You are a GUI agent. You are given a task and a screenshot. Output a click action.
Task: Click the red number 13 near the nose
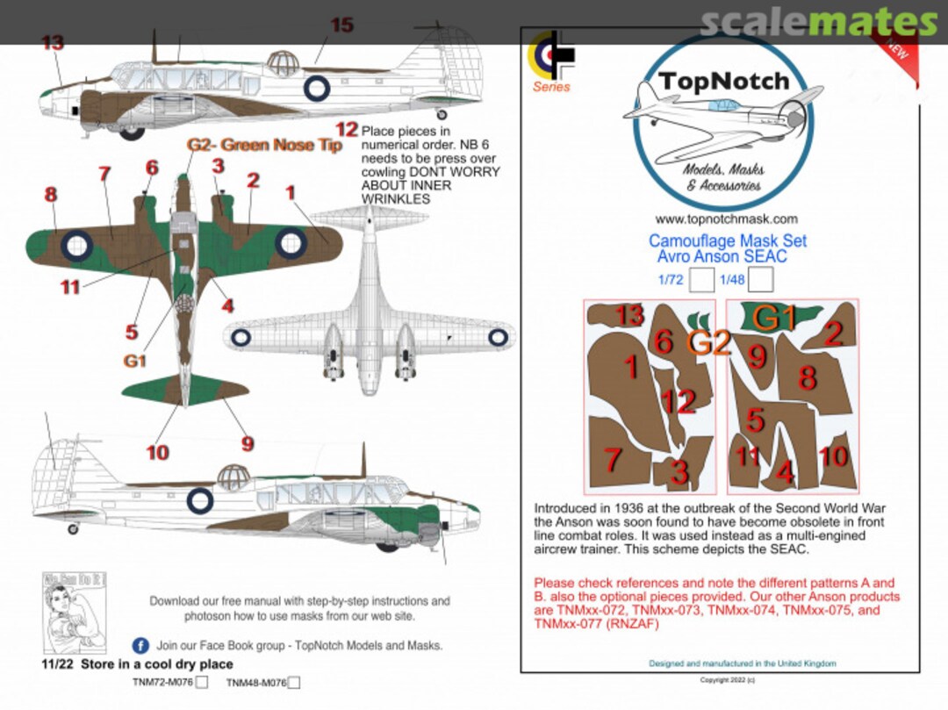[53, 42]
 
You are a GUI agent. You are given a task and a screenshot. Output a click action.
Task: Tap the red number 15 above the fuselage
[341, 25]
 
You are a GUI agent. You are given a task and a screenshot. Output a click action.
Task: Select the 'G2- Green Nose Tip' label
[264, 146]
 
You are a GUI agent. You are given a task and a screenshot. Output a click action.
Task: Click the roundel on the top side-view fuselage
[316, 88]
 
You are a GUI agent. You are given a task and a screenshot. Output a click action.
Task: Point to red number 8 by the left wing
[50, 195]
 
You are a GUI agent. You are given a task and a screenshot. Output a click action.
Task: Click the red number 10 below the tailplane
[157, 453]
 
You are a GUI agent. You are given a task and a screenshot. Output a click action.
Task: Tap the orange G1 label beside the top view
[134, 361]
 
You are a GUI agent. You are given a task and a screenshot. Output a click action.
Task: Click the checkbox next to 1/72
[700, 280]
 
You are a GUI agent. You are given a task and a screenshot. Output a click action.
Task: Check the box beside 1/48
[760, 280]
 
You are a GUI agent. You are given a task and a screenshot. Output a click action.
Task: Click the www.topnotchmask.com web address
[726, 219]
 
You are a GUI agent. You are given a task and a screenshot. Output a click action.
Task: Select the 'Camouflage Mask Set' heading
[727, 240]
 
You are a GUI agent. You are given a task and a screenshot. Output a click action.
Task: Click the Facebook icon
[140, 645]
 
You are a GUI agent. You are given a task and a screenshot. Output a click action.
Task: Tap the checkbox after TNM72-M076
[203, 682]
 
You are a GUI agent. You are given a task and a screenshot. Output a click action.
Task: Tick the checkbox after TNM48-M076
[295, 682]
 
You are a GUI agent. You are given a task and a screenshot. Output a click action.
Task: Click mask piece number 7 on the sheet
[614, 458]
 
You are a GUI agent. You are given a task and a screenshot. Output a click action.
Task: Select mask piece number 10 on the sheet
[834, 456]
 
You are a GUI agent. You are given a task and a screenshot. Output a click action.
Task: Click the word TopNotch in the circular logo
[724, 82]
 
